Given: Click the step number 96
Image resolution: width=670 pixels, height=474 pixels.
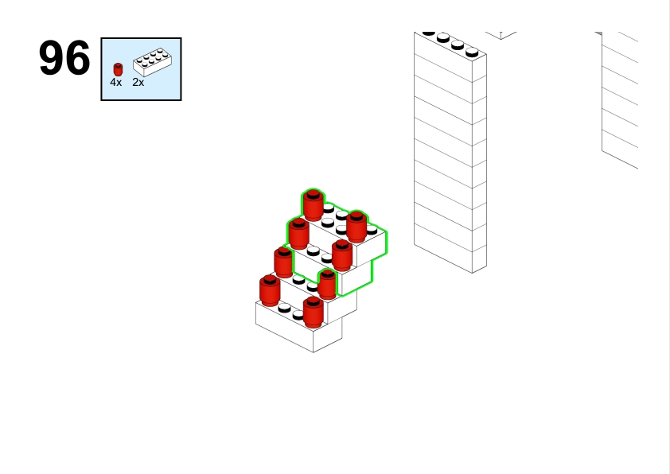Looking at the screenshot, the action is coord(64,58).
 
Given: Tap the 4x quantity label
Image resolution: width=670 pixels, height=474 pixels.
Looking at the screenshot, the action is coord(116,83).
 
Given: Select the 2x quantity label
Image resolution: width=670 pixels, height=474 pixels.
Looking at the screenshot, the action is coord(138,83).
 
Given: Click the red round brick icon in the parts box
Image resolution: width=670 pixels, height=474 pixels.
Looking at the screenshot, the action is coord(118,69).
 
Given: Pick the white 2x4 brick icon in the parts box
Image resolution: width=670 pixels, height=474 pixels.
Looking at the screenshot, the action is coord(153,62).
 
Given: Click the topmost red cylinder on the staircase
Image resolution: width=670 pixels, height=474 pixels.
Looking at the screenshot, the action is coord(314,205).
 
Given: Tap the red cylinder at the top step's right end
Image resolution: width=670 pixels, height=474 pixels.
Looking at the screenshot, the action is coord(356,227).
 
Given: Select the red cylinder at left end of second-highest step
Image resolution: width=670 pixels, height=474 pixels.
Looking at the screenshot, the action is coord(298,234).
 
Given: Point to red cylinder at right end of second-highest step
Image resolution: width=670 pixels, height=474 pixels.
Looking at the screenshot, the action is coord(342,255).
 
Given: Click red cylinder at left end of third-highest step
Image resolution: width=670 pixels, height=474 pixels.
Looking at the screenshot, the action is coord(284,262).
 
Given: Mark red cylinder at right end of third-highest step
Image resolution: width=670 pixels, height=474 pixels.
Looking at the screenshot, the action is coord(327,284).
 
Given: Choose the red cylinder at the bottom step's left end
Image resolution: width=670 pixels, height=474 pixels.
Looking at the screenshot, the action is coord(270,291).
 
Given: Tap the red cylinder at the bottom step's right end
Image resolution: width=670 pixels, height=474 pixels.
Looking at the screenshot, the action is coord(314,313).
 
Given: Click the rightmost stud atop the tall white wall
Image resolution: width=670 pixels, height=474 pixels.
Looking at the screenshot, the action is coord(472,52).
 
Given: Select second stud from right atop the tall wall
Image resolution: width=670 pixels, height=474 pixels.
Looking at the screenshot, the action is coord(458,45).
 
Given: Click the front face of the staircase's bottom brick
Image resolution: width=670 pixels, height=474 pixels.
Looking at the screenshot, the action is coord(285,327).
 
